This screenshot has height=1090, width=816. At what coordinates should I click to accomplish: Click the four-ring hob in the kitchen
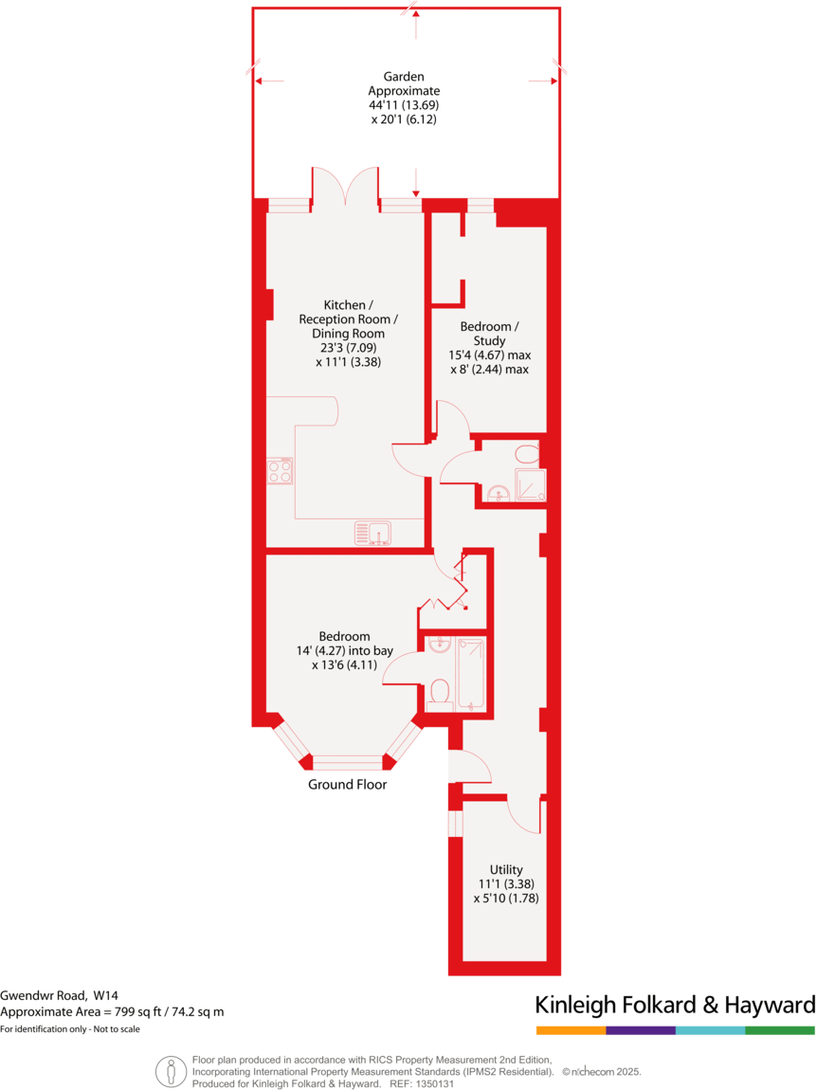(280, 471)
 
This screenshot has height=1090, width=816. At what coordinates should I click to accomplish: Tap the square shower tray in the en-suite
(530, 484)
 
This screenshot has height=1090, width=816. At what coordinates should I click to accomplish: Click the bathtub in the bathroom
(470, 674)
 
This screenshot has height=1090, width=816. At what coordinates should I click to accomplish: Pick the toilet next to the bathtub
(439, 693)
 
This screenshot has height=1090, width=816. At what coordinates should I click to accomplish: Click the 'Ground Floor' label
(347, 785)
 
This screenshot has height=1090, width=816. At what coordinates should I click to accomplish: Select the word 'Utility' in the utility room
(505, 869)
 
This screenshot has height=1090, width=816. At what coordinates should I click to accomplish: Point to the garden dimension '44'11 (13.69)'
(410, 105)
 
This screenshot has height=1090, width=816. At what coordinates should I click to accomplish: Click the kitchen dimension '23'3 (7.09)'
(348, 347)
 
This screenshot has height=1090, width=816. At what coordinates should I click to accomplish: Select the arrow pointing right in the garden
(544, 82)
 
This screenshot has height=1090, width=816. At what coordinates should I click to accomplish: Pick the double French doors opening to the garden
(346, 187)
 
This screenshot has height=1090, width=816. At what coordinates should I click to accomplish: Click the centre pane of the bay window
(347, 760)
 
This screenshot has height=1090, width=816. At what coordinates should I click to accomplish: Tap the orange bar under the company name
(571, 1029)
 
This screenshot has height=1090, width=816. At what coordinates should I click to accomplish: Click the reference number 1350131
(436, 1083)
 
